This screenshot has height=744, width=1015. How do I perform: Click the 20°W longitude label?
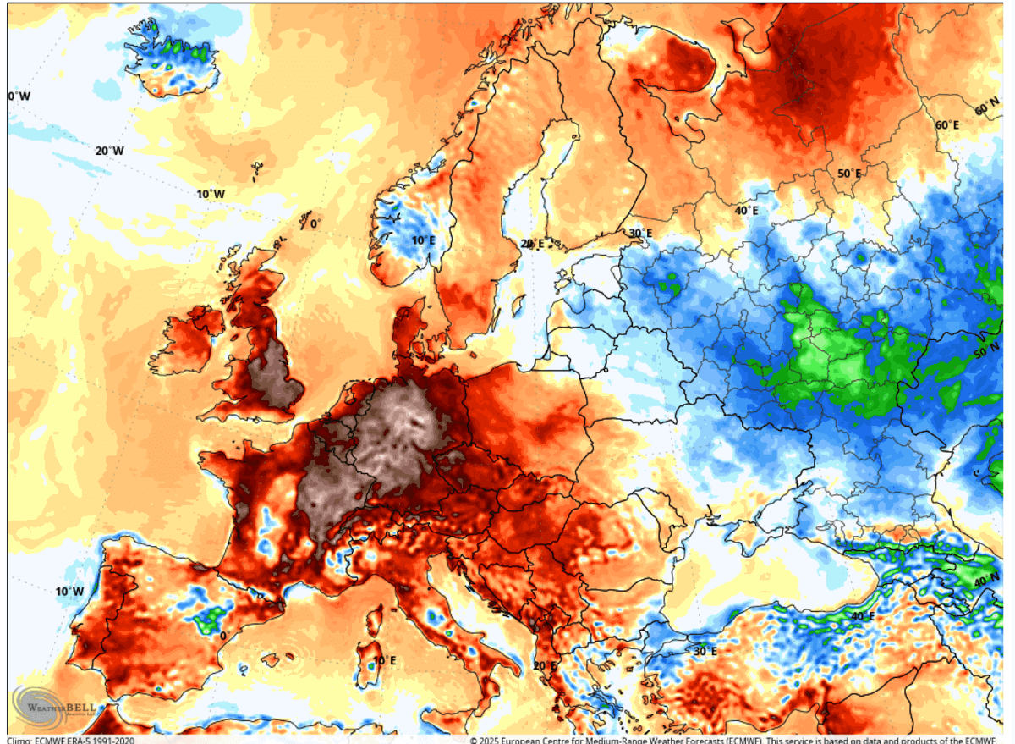pos(109,151)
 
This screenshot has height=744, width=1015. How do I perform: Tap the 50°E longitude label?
pos(849,174)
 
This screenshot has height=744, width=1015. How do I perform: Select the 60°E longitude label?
pos(946,125)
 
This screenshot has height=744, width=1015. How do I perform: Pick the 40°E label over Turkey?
pos(862,616)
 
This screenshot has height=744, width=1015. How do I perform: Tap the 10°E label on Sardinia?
pos(384,660)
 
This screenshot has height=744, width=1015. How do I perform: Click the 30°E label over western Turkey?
pos(705,651)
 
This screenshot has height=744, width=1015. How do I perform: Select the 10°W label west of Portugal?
pos(69,591)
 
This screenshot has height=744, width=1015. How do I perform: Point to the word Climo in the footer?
pos(19,739)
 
